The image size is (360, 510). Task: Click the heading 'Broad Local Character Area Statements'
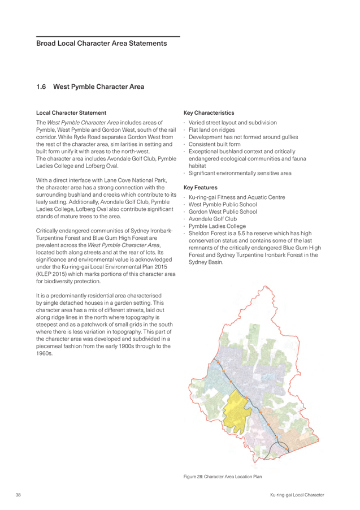[102, 44]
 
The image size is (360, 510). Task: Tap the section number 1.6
[41, 87]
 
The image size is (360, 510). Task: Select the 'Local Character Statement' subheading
[71, 113]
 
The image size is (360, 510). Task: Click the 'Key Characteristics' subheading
[209, 113]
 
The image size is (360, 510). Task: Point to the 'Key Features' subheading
[200, 187]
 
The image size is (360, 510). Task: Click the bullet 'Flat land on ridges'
[212, 130]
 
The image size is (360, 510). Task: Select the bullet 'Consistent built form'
[215, 144]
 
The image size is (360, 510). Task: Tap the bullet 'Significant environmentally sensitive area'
[240, 173]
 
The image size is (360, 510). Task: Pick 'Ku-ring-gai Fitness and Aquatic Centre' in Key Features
[237, 197]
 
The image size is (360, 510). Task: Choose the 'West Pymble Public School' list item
[223, 204]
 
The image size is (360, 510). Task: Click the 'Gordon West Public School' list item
[223, 211]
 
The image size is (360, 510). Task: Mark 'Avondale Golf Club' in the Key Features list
[212, 219]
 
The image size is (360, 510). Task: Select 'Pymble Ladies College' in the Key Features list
[217, 226]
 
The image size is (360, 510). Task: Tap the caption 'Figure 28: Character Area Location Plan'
[223, 477]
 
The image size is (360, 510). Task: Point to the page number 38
[18, 495]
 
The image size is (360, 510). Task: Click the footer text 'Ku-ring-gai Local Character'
[297, 495]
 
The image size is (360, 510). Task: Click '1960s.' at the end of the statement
[44, 353]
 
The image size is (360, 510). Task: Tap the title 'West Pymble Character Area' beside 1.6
[99, 87]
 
